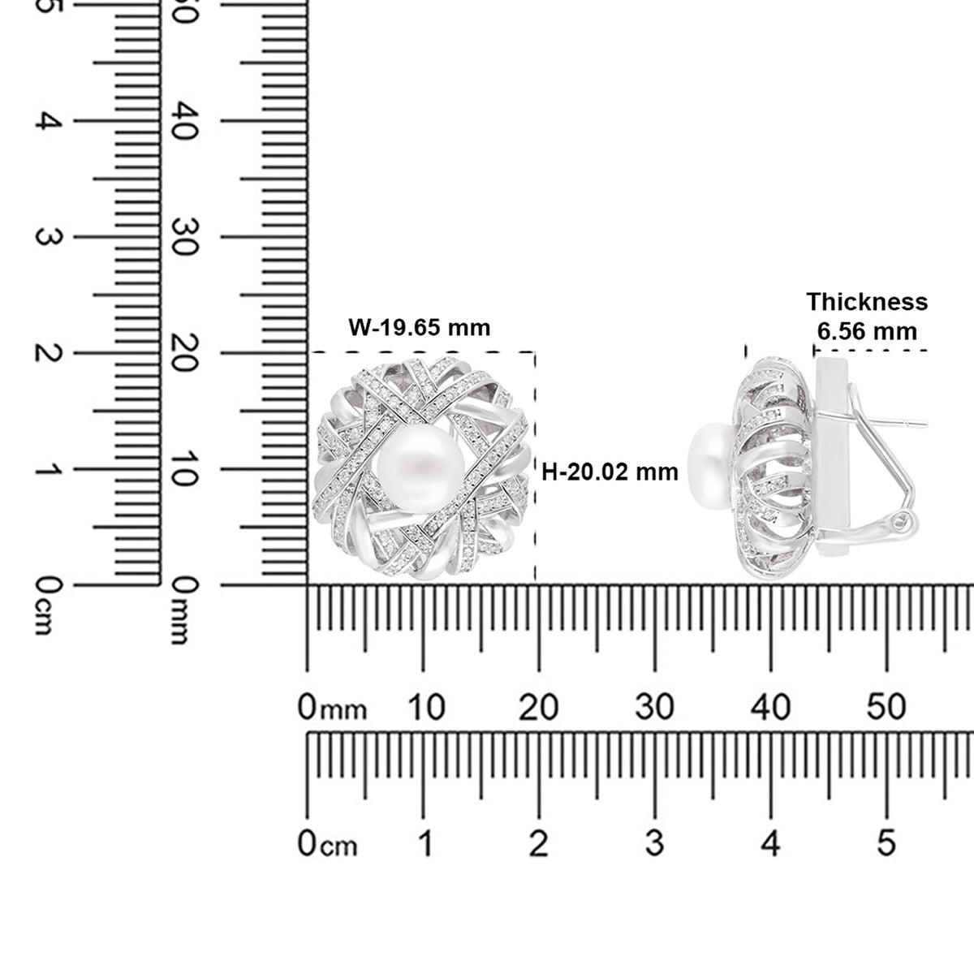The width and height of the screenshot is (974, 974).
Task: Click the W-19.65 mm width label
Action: tap(419, 328)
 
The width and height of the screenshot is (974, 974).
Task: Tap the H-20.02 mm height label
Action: tap(610, 472)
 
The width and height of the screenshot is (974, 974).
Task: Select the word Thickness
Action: tap(867, 302)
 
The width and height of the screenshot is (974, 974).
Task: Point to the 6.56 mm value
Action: tap(867, 332)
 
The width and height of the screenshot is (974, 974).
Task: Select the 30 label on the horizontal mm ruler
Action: tap(654, 707)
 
